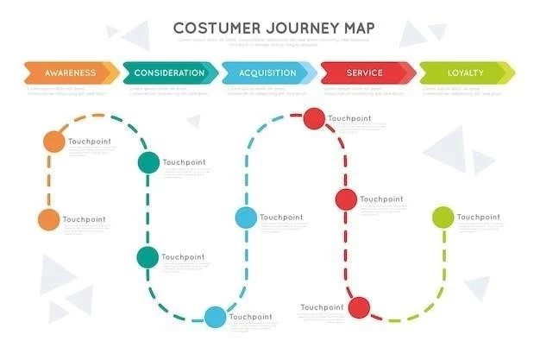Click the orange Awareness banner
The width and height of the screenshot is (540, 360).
(x=71, y=73)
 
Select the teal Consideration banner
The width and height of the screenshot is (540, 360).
(x=169, y=73)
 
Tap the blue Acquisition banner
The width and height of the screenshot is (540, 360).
(x=267, y=73)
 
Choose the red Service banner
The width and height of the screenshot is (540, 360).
(x=366, y=73)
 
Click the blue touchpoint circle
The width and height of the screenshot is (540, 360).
(x=246, y=218)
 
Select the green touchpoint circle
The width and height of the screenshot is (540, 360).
(x=443, y=217)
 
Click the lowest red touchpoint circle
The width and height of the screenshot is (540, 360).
(x=360, y=306)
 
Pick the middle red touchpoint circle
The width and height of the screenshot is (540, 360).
(x=346, y=199)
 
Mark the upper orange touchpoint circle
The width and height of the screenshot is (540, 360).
(x=54, y=141)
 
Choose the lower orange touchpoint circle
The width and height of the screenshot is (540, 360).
(x=48, y=219)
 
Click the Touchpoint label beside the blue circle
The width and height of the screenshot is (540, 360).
(x=281, y=218)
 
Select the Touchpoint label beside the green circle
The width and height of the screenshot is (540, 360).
(x=478, y=217)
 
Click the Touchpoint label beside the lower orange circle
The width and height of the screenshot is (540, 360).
(x=84, y=219)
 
